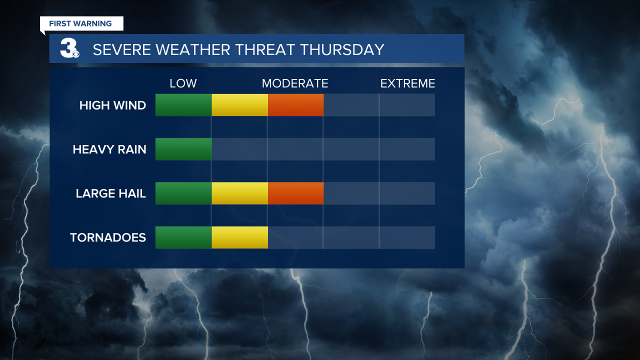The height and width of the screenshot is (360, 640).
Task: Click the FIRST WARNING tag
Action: tap(80, 23)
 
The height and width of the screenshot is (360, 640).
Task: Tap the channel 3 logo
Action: tap(69, 48)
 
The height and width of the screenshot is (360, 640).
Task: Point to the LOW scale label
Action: tap(183, 83)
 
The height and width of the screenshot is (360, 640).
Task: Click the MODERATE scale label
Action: tap(295, 83)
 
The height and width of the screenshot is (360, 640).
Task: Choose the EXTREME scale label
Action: tap(407, 83)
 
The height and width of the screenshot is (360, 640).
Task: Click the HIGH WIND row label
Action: tap(112, 105)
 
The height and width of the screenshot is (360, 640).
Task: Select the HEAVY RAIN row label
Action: tap(109, 149)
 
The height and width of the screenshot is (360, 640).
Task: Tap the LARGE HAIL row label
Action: tap(111, 193)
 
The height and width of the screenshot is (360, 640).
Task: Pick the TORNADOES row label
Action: tap(108, 237)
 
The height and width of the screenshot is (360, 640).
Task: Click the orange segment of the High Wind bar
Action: tap(295, 105)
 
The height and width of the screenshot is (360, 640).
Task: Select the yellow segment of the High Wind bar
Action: tap(239, 105)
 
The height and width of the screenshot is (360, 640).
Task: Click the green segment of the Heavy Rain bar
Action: tap(183, 149)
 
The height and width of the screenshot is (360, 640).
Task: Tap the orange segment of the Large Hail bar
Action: tap(295, 193)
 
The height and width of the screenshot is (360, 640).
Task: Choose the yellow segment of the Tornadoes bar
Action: tap(239, 237)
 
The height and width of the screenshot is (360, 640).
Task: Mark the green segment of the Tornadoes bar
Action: tap(183, 237)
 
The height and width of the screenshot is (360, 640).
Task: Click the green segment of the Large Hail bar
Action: tap(183, 193)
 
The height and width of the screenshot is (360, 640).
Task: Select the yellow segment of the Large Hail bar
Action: tap(239, 193)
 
